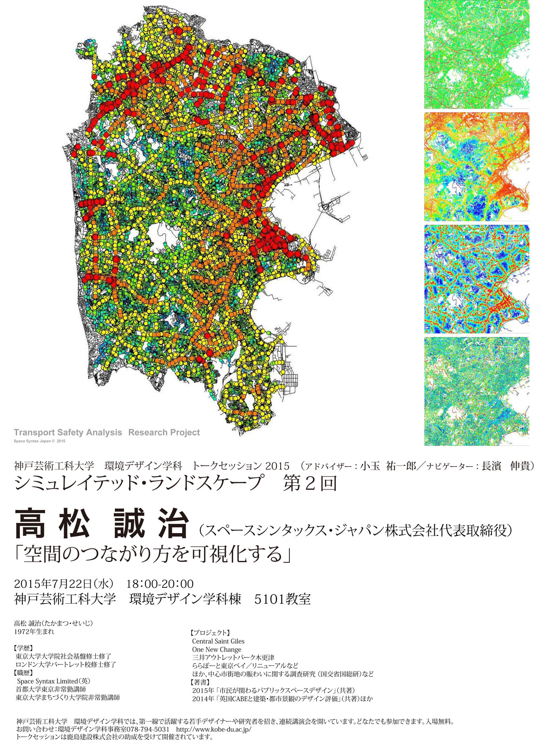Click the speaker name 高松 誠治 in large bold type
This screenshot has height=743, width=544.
(x=101, y=523)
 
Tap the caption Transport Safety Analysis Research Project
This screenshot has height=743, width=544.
(x=107, y=432)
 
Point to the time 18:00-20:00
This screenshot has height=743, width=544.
(x=160, y=584)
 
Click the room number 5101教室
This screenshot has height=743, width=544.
(x=282, y=599)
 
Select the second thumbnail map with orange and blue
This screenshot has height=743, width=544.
(x=477, y=166)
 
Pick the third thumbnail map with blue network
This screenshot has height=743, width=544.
(x=477, y=279)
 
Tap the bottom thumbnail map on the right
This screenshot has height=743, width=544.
(x=477, y=391)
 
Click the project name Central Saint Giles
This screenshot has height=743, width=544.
(x=218, y=641)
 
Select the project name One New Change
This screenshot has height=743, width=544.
(x=216, y=650)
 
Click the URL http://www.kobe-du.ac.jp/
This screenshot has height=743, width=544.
(x=214, y=730)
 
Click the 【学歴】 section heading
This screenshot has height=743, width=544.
(x=24, y=648)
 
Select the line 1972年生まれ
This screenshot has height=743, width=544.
(x=34, y=632)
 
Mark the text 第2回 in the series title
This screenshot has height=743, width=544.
(x=310, y=484)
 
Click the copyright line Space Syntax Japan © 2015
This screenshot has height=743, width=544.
(x=39, y=441)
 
